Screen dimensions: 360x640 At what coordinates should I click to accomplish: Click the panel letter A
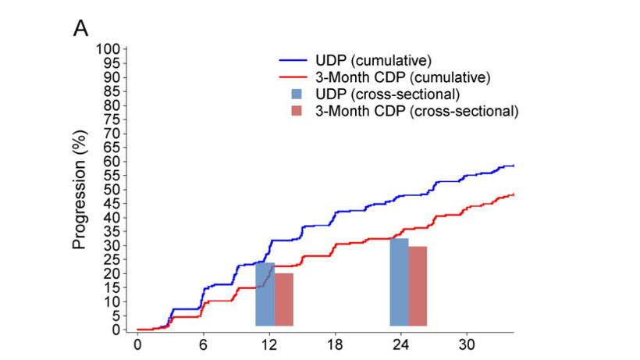(81, 29)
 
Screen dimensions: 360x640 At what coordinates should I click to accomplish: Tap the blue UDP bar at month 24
(399, 282)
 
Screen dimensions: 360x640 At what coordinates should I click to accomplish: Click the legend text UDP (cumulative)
(374, 60)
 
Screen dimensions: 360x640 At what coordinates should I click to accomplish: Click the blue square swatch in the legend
(296, 94)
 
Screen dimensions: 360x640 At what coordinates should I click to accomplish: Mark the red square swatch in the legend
(296, 112)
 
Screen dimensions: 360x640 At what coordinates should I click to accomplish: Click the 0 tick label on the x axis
(137, 345)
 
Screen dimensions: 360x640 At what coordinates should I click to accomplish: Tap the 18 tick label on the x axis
(335, 345)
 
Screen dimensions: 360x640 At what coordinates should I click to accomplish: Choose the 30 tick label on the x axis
(467, 345)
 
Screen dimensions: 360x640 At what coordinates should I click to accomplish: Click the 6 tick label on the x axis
(203, 345)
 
